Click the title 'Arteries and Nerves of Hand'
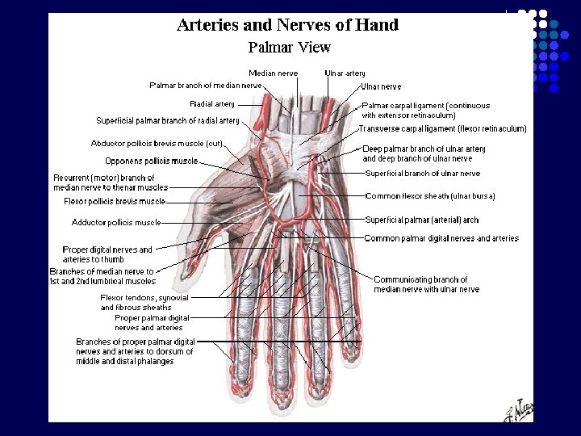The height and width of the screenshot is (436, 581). coord(287,25)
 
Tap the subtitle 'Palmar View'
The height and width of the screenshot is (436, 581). coord(289,47)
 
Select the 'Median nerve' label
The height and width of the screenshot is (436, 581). coord(273,73)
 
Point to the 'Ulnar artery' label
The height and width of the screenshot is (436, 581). coord(345,73)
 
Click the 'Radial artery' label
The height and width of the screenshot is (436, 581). coord(212,104)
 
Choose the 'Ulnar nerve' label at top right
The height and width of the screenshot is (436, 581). coord(381,86)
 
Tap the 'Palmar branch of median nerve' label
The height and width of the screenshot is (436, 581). coord(206,85)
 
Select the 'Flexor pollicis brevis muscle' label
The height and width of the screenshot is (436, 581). coord(115,201)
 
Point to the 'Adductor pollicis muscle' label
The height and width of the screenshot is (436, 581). coord(116,222)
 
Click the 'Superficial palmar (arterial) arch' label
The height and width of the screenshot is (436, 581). coord(421,220)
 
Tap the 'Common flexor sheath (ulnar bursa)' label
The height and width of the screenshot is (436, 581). coord(430,196)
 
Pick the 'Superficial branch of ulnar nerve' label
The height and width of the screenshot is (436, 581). coord(422,174)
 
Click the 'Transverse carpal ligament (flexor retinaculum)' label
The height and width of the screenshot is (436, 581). coord(443,128)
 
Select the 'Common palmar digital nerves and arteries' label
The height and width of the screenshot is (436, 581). coord(441,238)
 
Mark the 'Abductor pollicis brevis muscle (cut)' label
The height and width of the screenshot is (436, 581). coord(157,144)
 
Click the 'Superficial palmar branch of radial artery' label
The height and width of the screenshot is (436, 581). coord(168,121)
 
